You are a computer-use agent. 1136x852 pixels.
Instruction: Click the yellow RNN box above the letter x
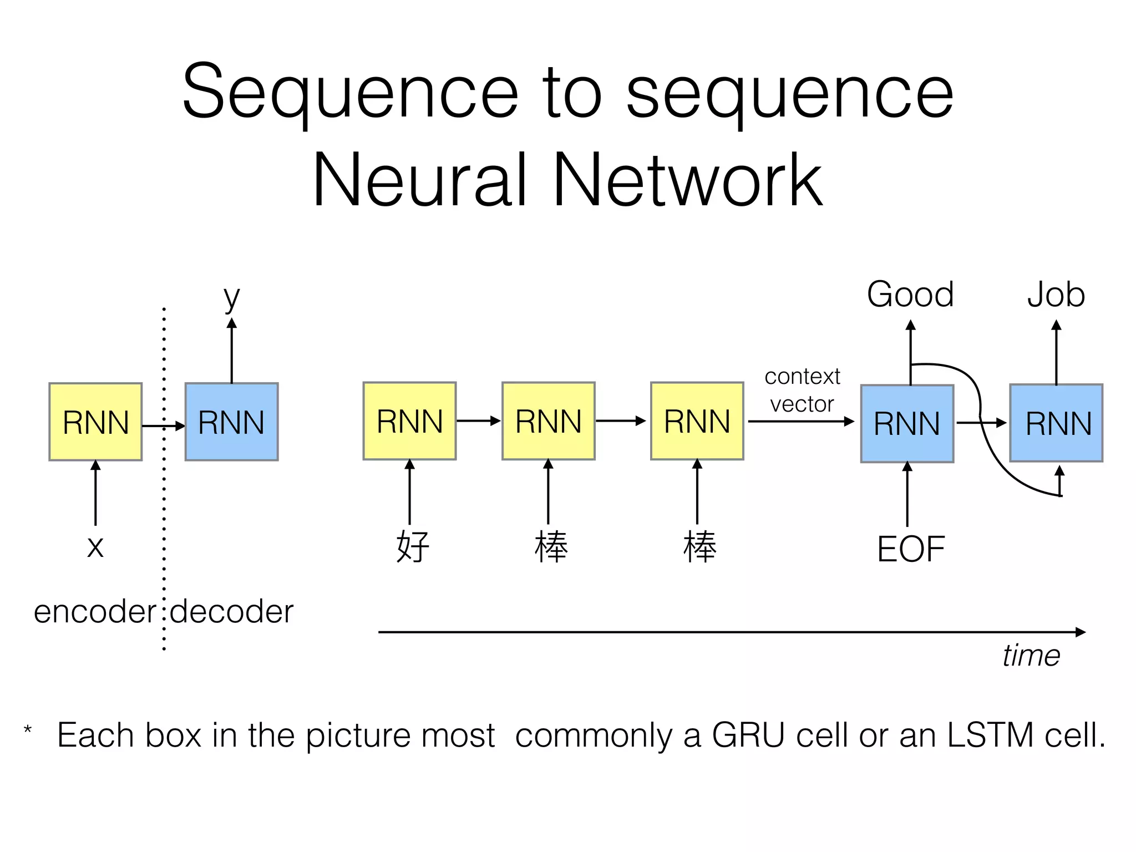[95, 422]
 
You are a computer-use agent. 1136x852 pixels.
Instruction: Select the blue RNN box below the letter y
[231, 422]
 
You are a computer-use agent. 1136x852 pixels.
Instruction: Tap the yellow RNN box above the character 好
[409, 420]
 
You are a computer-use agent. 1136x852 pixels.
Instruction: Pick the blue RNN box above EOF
[907, 423]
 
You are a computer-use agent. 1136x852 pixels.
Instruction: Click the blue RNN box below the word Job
[1056, 423]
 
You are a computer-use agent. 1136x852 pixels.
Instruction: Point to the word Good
[910, 295]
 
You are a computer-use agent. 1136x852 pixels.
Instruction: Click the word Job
[1056, 295]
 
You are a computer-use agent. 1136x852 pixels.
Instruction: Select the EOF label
[910, 549]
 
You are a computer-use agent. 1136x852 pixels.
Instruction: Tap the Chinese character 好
[413, 547]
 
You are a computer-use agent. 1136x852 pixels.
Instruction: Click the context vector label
[802, 390]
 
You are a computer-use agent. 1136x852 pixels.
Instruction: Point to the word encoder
[95, 612]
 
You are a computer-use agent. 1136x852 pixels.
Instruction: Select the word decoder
[231, 612]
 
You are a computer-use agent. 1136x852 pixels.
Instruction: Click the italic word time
[1031, 656]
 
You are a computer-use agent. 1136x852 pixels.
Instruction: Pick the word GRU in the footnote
[748, 735]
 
